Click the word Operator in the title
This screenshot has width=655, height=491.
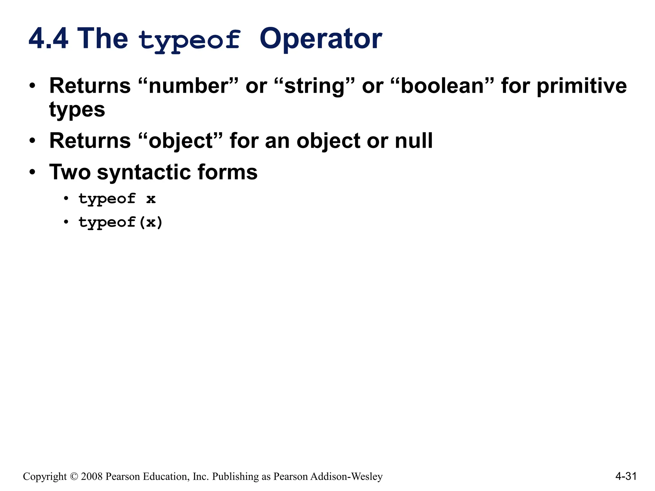pyautogui.click(x=320, y=39)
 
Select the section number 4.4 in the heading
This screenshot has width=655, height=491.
pyautogui.click(x=49, y=39)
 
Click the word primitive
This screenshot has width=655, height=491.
pyautogui.click(x=581, y=87)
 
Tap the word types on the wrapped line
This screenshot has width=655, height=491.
pyautogui.click(x=77, y=110)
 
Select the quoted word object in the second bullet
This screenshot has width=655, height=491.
pyautogui.click(x=181, y=141)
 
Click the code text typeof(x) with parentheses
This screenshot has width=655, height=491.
pyautogui.click(x=121, y=222)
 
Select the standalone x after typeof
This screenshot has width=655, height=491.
pyautogui.click(x=151, y=199)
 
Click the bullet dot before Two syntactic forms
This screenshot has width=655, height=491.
pyautogui.click(x=32, y=172)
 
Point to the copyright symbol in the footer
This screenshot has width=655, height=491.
pyautogui.click(x=74, y=477)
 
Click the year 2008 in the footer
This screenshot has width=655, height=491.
pyautogui.click(x=92, y=477)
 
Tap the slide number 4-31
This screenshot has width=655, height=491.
pyautogui.click(x=626, y=476)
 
